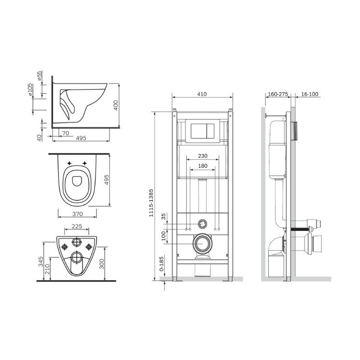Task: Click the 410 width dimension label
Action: (x=202, y=94)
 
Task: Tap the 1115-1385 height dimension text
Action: (x=151, y=202)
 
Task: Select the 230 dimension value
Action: (x=203, y=156)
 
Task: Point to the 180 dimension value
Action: (x=203, y=166)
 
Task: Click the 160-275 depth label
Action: (x=278, y=94)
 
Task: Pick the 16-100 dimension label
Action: (x=310, y=94)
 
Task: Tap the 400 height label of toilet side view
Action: (x=116, y=105)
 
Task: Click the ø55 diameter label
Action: (x=40, y=76)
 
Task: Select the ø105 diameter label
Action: (x=30, y=90)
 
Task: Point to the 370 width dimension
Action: (x=77, y=214)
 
